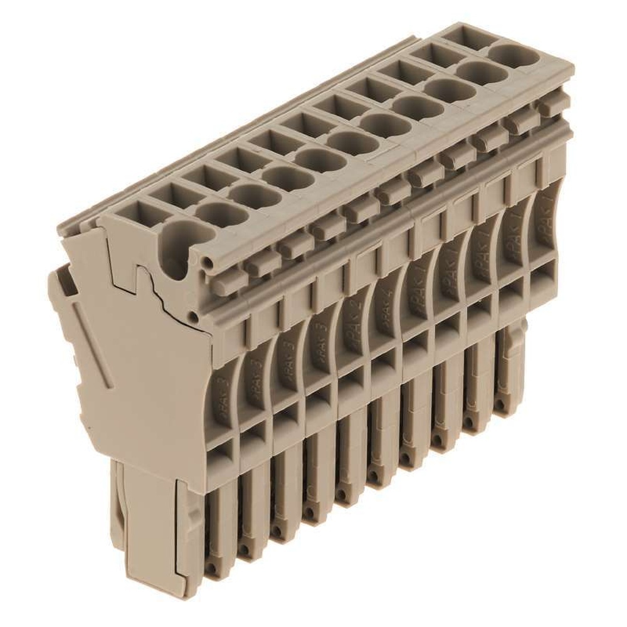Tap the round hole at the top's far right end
point(518,55)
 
